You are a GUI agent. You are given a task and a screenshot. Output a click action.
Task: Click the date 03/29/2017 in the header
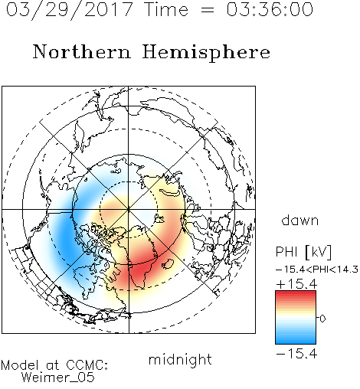coord(70,10)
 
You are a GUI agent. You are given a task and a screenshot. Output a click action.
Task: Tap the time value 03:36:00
coord(270,9)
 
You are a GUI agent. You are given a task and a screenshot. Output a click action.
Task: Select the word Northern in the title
coord(82,51)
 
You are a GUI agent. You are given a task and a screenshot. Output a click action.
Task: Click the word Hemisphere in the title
coord(206,53)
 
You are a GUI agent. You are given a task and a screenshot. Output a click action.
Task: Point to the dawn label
coord(300,220)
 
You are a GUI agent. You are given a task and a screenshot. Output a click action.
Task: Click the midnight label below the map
coord(180,359)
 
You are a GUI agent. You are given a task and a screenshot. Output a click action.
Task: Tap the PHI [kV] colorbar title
coord(303,252)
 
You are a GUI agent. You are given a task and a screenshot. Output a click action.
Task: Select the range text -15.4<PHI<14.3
coord(317,270)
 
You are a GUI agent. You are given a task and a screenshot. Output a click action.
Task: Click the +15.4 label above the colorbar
coord(296,284)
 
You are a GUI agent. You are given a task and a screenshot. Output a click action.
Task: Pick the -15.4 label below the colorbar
coord(296,354)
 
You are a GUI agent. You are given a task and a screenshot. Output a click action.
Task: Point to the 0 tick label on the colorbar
coord(322,319)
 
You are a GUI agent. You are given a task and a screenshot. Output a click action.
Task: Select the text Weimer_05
coord(58,378)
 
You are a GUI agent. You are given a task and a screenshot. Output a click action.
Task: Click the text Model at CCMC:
coord(54,365)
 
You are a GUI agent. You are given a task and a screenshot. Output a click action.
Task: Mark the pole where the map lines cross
coord(129,210)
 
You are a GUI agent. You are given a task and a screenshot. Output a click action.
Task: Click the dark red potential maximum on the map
coord(139,272)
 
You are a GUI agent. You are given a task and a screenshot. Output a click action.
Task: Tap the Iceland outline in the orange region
coord(169,264)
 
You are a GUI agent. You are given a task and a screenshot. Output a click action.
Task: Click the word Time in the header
coord(166,9)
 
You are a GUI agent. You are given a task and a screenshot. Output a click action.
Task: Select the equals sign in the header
coord(208,10)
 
